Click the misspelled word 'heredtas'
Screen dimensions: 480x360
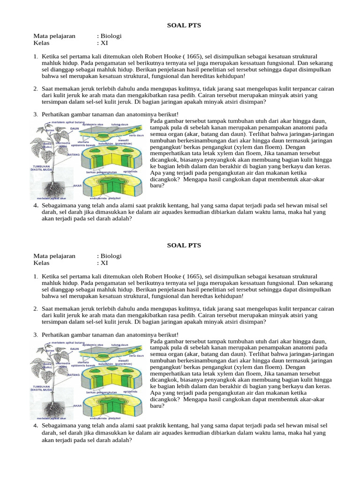[x=206, y=296]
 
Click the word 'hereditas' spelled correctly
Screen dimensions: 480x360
[x=208, y=76]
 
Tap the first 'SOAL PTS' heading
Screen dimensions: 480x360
[x=184, y=25]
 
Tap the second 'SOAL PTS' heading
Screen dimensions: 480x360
[x=184, y=245]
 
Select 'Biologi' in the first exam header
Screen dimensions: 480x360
[x=109, y=36]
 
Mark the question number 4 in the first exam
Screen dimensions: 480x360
[x=36, y=206]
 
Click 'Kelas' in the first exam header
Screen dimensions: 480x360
[x=41, y=43]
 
